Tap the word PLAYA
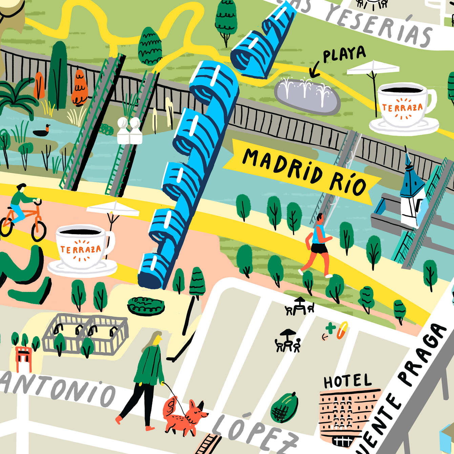click(x=344, y=54)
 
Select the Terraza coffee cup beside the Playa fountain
click(x=403, y=105)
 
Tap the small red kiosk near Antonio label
click(x=23, y=357)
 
